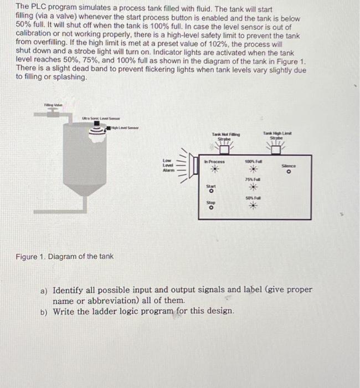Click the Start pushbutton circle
[x=210, y=192]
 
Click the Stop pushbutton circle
[x=210, y=208]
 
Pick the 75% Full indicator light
[x=254, y=187]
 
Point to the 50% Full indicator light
[x=254, y=206]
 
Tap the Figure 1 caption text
[x=65, y=256]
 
